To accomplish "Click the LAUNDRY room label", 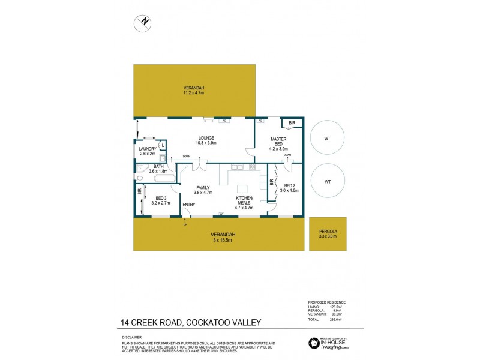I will (147, 149).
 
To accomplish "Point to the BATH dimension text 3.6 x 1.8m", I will (158, 172).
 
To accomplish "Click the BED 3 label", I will (160, 199).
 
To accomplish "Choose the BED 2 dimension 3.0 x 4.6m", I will (289, 190).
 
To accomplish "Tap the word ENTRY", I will (188, 205).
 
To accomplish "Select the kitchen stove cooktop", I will (253, 166).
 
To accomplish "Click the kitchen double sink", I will (236, 166).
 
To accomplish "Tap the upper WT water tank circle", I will (327, 139).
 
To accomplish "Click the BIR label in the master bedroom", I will (292, 123).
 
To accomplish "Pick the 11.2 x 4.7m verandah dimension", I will (194, 93).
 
